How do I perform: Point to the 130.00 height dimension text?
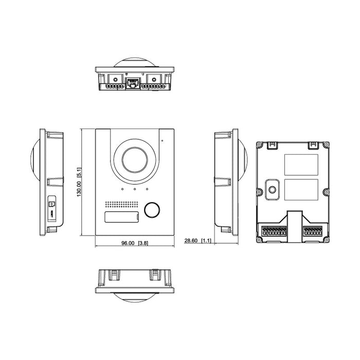(x=79, y=183)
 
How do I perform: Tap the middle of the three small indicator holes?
(x=135, y=188)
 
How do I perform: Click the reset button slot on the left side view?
(x=51, y=205)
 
